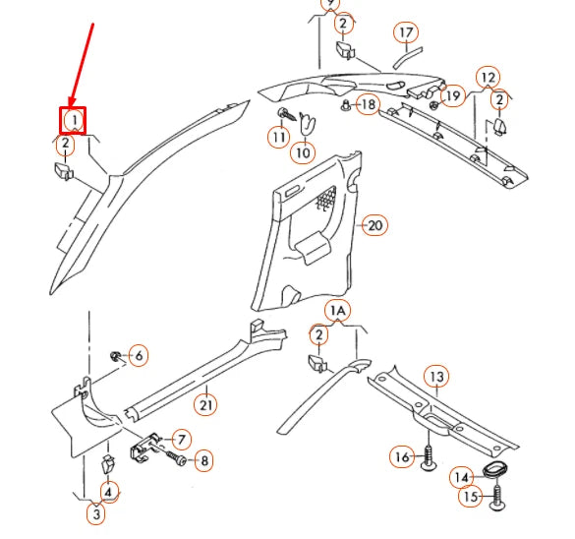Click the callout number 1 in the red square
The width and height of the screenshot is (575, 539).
pyautogui.click(x=74, y=120)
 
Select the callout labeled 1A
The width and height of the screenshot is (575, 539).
pyautogui.click(x=338, y=311)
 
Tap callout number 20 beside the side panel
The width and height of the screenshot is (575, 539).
pyautogui.click(x=374, y=225)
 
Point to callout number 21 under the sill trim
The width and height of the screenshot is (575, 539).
pyautogui.click(x=205, y=404)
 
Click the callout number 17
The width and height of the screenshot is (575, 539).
pyautogui.click(x=406, y=32)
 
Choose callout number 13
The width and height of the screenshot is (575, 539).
pyautogui.click(x=436, y=377)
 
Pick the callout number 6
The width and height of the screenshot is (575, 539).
pyautogui.click(x=139, y=355)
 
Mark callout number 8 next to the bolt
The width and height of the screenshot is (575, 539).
pyautogui.click(x=204, y=460)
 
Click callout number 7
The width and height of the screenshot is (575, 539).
pyautogui.click(x=181, y=440)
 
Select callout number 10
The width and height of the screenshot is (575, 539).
pyautogui.click(x=303, y=152)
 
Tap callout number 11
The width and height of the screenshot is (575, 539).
pyautogui.click(x=279, y=137)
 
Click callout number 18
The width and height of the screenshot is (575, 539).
pyautogui.click(x=369, y=104)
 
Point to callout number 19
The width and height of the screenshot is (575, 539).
pyautogui.click(x=453, y=95)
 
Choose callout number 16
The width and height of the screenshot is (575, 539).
pyautogui.click(x=402, y=456)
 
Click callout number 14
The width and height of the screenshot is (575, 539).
pyautogui.click(x=462, y=477)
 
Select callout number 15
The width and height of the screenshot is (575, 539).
pyautogui.click(x=471, y=497)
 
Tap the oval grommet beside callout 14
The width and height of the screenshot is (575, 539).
pyautogui.click(x=493, y=469)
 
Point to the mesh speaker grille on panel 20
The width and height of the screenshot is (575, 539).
pyautogui.click(x=326, y=199)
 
